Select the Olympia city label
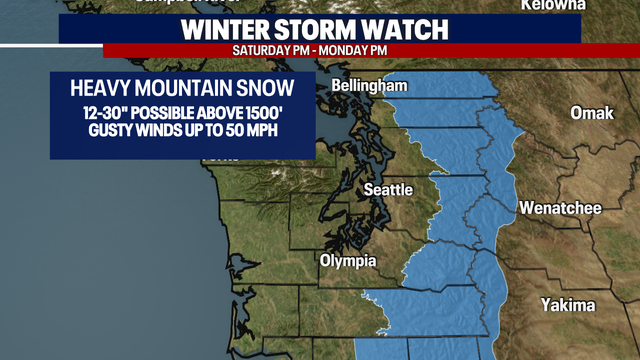coord(347,261)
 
